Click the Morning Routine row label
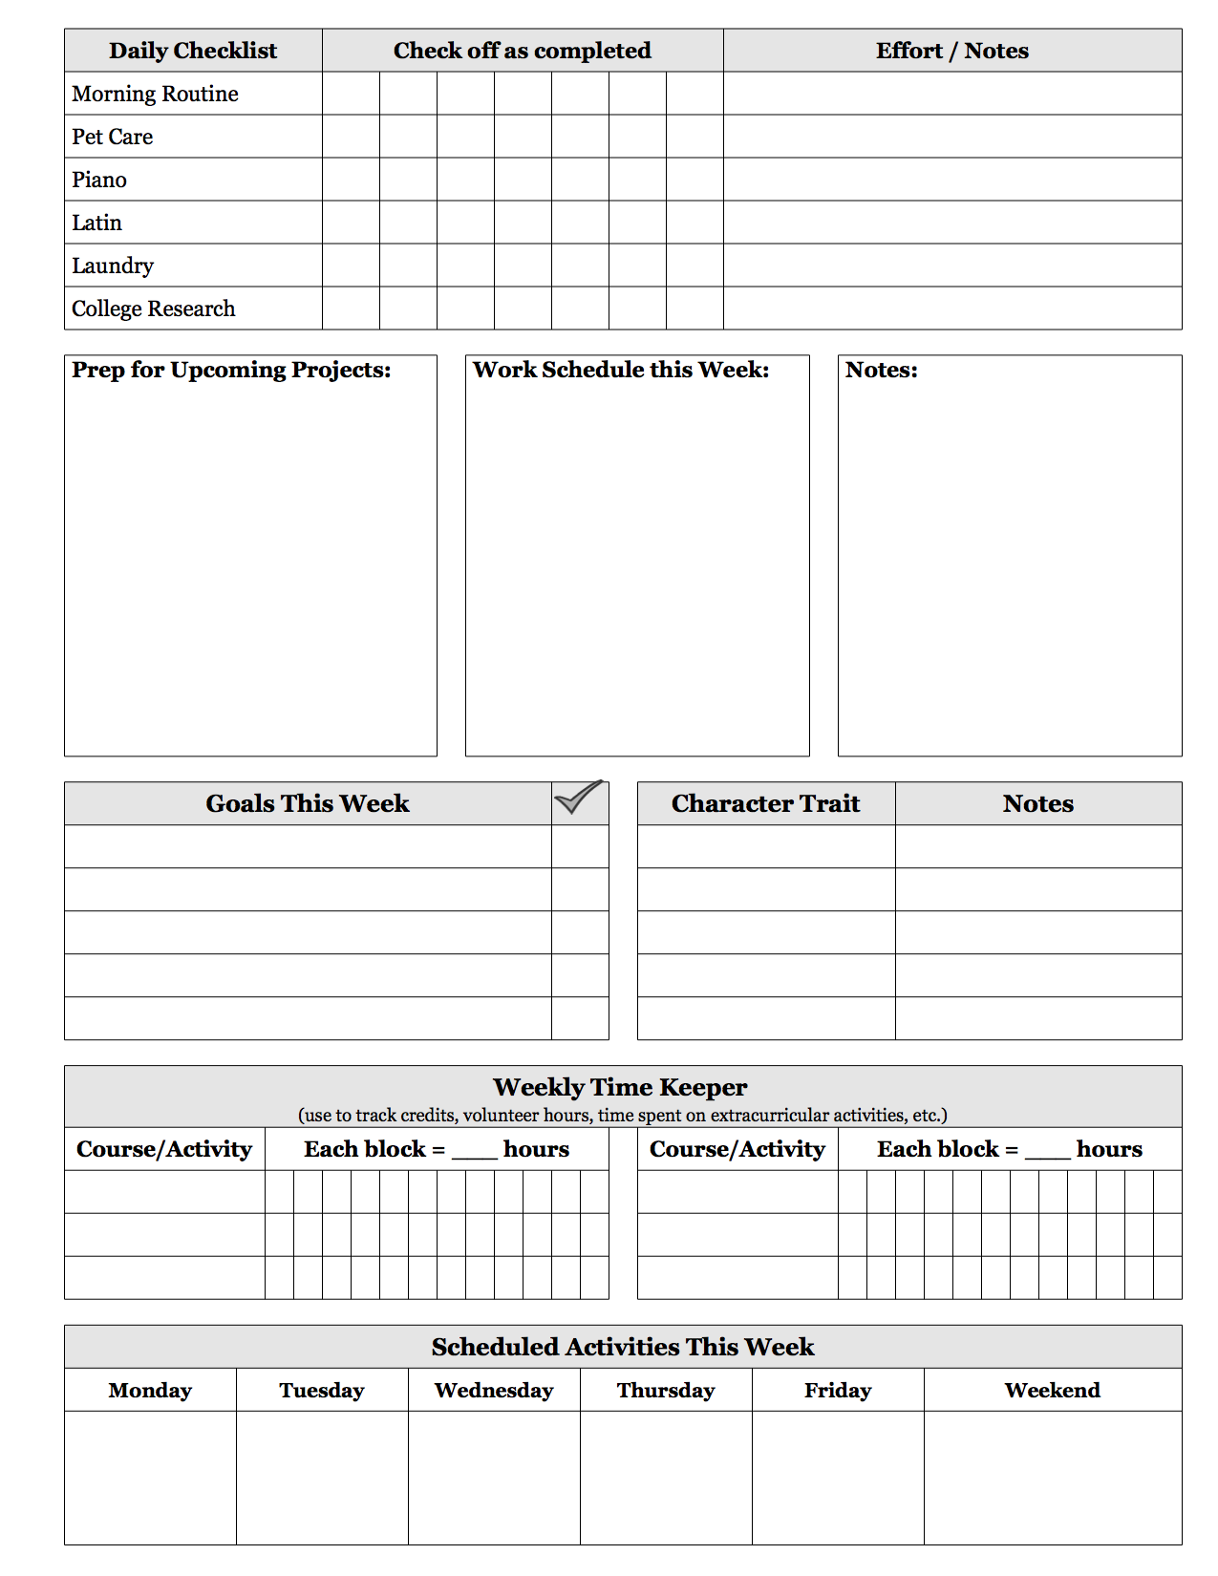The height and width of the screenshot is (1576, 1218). [x=155, y=94]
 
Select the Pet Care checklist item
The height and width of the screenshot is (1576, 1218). [x=112, y=137]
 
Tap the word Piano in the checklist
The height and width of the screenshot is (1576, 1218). [x=99, y=180]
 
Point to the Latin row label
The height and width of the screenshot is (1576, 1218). [x=96, y=223]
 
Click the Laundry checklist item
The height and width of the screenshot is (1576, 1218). [x=113, y=266]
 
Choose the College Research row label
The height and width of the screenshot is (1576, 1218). [x=153, y=309]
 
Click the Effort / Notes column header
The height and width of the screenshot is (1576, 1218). [x=951, y=51]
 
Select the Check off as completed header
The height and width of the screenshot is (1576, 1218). [x=522, y=51]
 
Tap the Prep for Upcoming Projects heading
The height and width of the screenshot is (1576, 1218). [x=231, y=370]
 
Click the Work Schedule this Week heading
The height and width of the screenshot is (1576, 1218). [x=621, y=370]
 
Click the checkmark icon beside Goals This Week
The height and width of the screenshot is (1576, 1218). [x=579, y=799]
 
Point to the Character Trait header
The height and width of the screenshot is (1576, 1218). [x=765, y=803]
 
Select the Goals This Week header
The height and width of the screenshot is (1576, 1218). [x=307, y=803]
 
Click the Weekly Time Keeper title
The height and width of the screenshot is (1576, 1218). [x=620, y=1087]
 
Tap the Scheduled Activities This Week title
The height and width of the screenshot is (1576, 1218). [x=622, y=1347]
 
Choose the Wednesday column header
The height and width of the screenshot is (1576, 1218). [x=494, y=1390]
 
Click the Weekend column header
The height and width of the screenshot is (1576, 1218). [x=1052, y=1390]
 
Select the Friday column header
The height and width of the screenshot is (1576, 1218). [x=838, y=1390]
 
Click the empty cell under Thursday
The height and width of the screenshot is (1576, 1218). [x=666, y=1477]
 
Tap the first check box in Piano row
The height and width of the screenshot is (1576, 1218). [x=351, y=180]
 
